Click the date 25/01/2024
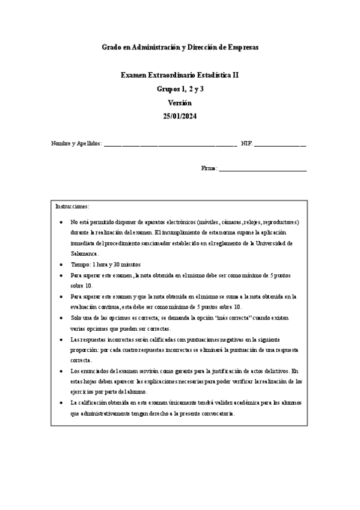coord(180,115)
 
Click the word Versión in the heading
coord(180,102)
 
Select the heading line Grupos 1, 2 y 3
coord(180,89)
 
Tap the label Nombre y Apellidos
coord(76,144)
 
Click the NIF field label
coord(246,144)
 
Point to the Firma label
coord(209,168)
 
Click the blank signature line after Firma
coord(263,170)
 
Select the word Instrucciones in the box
coord(72,206)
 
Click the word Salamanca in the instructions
coord(84,254)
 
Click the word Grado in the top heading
coord(111,46)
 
